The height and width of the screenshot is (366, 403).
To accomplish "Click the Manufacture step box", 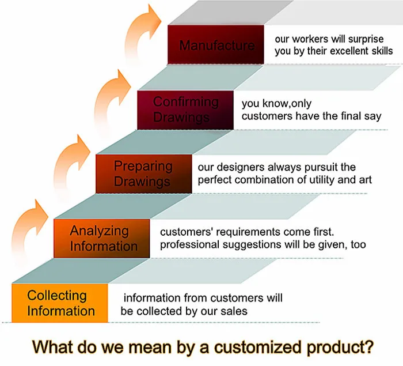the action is [216, 44].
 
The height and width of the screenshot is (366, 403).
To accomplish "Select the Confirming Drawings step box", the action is [185, 110].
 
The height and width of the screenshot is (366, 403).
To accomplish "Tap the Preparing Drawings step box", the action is [144, 173].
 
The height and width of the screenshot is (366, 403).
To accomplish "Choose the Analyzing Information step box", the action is [102, 239].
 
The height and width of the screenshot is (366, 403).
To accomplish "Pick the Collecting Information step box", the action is [60, 303].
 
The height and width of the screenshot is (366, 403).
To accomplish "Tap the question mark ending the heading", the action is [368, 346].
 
